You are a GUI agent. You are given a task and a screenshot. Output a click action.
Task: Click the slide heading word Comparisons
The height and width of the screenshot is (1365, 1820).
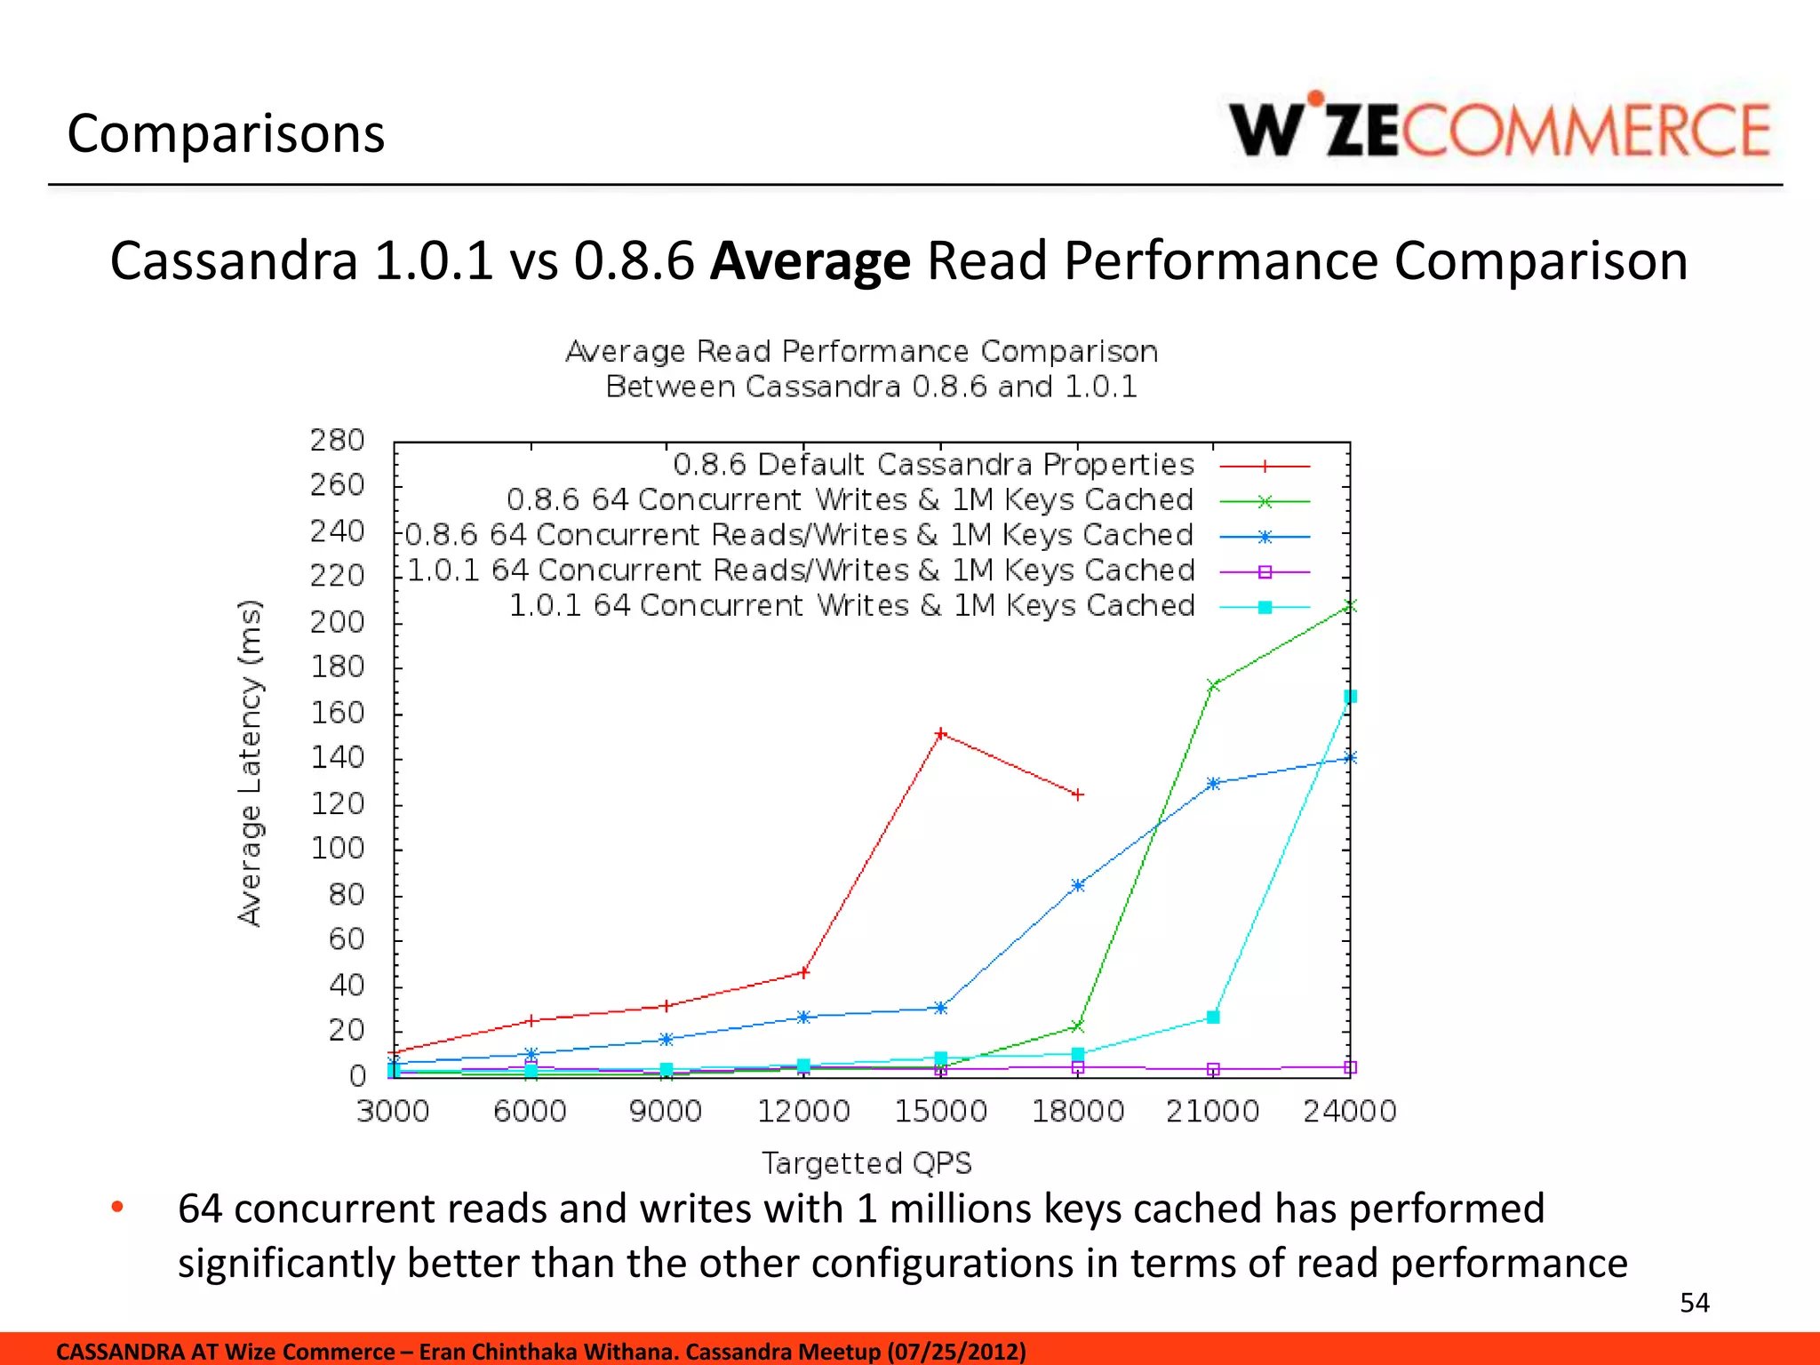pos(226,134)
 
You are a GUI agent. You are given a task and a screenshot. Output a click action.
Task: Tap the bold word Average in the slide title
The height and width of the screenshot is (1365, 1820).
pos(810,261)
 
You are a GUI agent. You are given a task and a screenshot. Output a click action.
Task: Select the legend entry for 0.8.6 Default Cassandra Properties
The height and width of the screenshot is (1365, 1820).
pos(933,465)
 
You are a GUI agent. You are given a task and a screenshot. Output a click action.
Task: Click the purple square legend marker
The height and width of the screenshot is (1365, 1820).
pos(1265,572)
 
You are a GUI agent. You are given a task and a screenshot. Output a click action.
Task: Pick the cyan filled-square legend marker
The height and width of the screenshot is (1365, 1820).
pos(1265,608)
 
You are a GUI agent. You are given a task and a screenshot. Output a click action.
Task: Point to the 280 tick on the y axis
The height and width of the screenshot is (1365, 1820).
pos(338,441)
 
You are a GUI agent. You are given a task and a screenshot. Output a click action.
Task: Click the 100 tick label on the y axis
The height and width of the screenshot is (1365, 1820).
pos(338,849)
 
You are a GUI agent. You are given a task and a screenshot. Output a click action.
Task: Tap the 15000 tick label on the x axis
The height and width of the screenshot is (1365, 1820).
pos(940,1112)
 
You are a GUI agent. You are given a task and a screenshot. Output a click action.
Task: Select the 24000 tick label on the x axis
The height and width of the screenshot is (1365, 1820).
pos(1349,1112)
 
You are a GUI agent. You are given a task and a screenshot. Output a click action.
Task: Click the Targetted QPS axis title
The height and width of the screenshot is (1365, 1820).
pos(866,1163)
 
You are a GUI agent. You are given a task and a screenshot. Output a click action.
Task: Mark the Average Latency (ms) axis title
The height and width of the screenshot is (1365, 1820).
pos(251,763)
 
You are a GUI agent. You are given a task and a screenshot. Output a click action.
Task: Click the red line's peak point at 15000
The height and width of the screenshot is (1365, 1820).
pos(941,734)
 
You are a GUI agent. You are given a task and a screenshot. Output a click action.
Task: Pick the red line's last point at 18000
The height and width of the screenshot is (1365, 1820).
pos(1078,794)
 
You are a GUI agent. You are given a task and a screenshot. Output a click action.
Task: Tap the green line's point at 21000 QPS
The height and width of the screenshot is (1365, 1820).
pos(1213,686)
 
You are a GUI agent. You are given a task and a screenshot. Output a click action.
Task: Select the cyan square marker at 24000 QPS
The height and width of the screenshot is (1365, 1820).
pos(1350,697)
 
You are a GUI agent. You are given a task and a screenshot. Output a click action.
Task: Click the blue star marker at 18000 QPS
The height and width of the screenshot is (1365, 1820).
pos(1078,885)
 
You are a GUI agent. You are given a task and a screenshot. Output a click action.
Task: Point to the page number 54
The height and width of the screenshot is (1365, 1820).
pos(1694,1303)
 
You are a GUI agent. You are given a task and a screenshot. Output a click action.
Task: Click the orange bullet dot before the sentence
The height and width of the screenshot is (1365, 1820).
pos(117,1207)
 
